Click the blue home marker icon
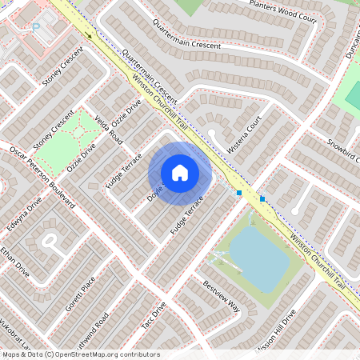point(180,173)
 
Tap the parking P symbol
point(35,27)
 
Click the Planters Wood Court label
point(282,10)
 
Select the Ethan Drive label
point(15,262)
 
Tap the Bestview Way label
point(221,295)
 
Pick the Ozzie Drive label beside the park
point(82,157)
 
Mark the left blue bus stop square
point(239,193)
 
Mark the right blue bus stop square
point(262,198)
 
